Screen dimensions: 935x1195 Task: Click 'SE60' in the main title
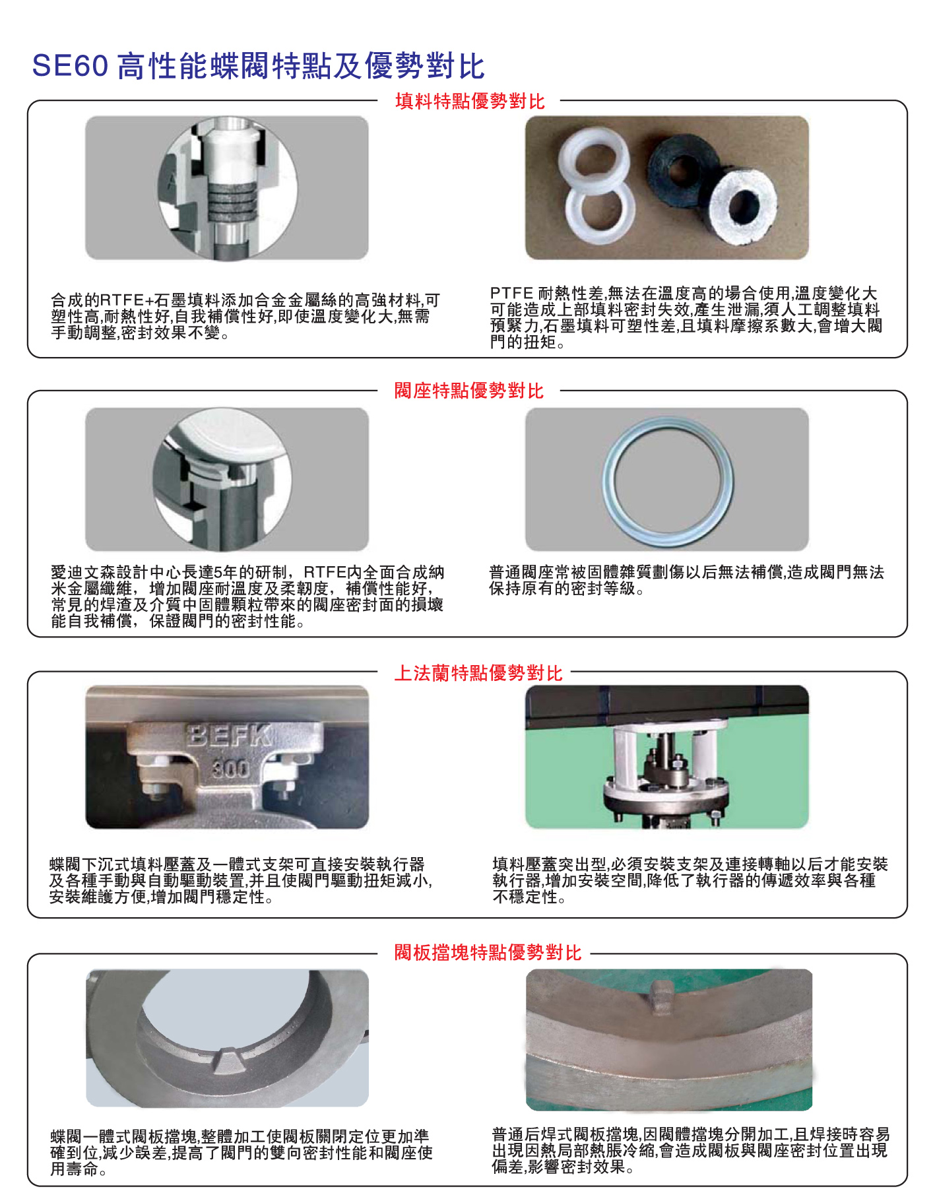pyautogui.click(x=70, y=66)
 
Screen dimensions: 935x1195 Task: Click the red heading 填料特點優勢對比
pyautogui.click(x=470, y=101)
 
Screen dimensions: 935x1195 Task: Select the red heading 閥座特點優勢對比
pyautogui.click(x=469, y=391)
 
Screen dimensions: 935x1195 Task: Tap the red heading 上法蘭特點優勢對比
pyautogui.click(x=478, y=672)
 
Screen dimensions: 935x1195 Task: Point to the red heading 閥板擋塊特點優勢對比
pyautogui.click(x=488, y=952)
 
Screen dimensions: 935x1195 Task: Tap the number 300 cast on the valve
pyautogui.click(x=230, y=769)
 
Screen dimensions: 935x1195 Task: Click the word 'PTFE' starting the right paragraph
pyautogui.click(x=511, y=293)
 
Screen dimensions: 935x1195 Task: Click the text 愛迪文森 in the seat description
pyautogui.click(x=83, y=572)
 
